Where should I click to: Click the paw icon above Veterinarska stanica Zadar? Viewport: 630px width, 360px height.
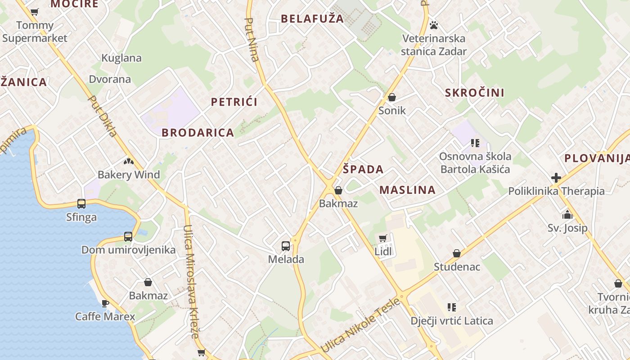coord(434,25)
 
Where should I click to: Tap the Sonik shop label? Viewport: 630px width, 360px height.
coord(392,111)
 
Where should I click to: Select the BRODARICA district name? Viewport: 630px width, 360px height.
coord(198,133)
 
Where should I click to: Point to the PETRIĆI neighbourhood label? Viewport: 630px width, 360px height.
coord(234,102)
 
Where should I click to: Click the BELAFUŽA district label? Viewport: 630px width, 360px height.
coord(312,19)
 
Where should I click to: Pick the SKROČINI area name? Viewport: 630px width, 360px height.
coord(475,93)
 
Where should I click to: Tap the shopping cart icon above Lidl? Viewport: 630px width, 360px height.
coord(383,238)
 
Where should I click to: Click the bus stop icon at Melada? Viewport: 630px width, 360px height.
coord(286,246)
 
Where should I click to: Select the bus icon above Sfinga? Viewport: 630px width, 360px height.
coord(81,204)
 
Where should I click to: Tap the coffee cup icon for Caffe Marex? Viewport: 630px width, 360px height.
coord(105,303)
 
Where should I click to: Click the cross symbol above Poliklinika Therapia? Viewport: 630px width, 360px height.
coord(556,178)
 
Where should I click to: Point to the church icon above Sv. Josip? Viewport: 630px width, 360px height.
coord(567,215)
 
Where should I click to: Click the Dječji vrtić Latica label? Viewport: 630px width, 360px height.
coord(452,321)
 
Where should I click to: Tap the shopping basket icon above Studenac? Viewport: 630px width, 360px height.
coord(457,254)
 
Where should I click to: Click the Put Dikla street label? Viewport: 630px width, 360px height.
coord(103,116)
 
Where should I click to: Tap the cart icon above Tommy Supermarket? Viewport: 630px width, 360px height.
coord(35,12)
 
